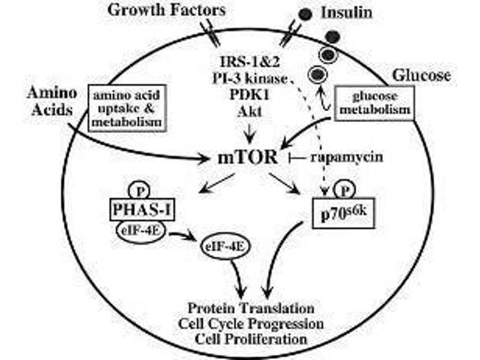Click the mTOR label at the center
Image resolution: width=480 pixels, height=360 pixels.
(248, 158)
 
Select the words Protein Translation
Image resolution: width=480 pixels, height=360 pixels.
(251, 308)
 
